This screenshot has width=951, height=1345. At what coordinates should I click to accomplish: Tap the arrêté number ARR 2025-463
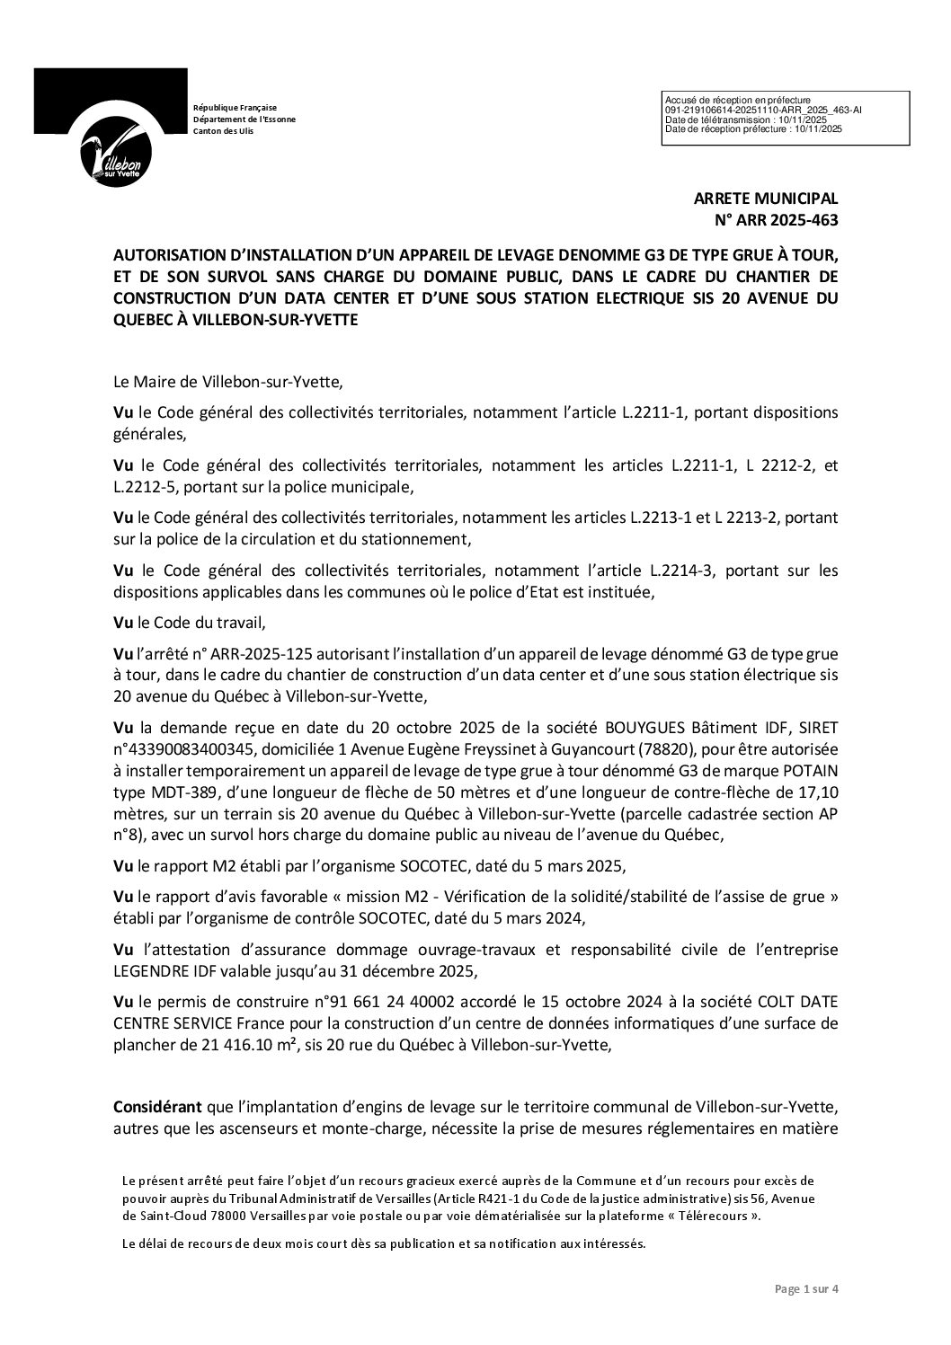(x=776, y=220)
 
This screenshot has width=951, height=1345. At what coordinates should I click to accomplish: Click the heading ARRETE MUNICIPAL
(x=766, y=199)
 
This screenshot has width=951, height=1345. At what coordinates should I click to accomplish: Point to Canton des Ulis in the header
(x=224, y=131)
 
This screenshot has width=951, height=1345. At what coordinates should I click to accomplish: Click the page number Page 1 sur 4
(x=806, y=1314)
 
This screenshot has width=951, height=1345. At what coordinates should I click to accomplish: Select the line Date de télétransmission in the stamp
(x=744, y=119)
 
